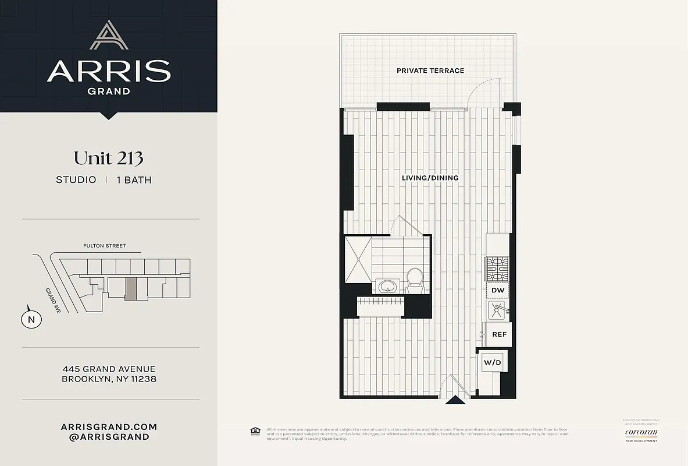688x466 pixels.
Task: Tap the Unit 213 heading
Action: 109,158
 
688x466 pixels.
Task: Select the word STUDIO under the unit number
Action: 76,180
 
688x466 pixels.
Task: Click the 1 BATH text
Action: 134,180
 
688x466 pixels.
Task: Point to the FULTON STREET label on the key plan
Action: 104,246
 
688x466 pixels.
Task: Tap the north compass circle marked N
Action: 31,319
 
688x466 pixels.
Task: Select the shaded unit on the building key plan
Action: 131,288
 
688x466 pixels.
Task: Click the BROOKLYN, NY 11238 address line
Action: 109,379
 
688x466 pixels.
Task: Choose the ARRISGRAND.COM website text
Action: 109,426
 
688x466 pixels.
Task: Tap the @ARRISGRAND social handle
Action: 109,437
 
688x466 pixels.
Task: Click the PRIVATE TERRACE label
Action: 430,70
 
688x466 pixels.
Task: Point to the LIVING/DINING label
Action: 430,178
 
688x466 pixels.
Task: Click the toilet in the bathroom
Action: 415,279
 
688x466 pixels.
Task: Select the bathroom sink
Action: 387,286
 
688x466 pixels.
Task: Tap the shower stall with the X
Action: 357,257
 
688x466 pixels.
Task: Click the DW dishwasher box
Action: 497,290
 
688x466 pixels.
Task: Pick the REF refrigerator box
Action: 499,334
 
